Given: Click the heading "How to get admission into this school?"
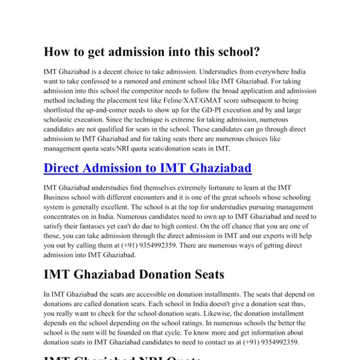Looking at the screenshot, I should coord(152,52).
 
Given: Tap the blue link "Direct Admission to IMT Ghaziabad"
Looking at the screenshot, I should coord(148,167).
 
